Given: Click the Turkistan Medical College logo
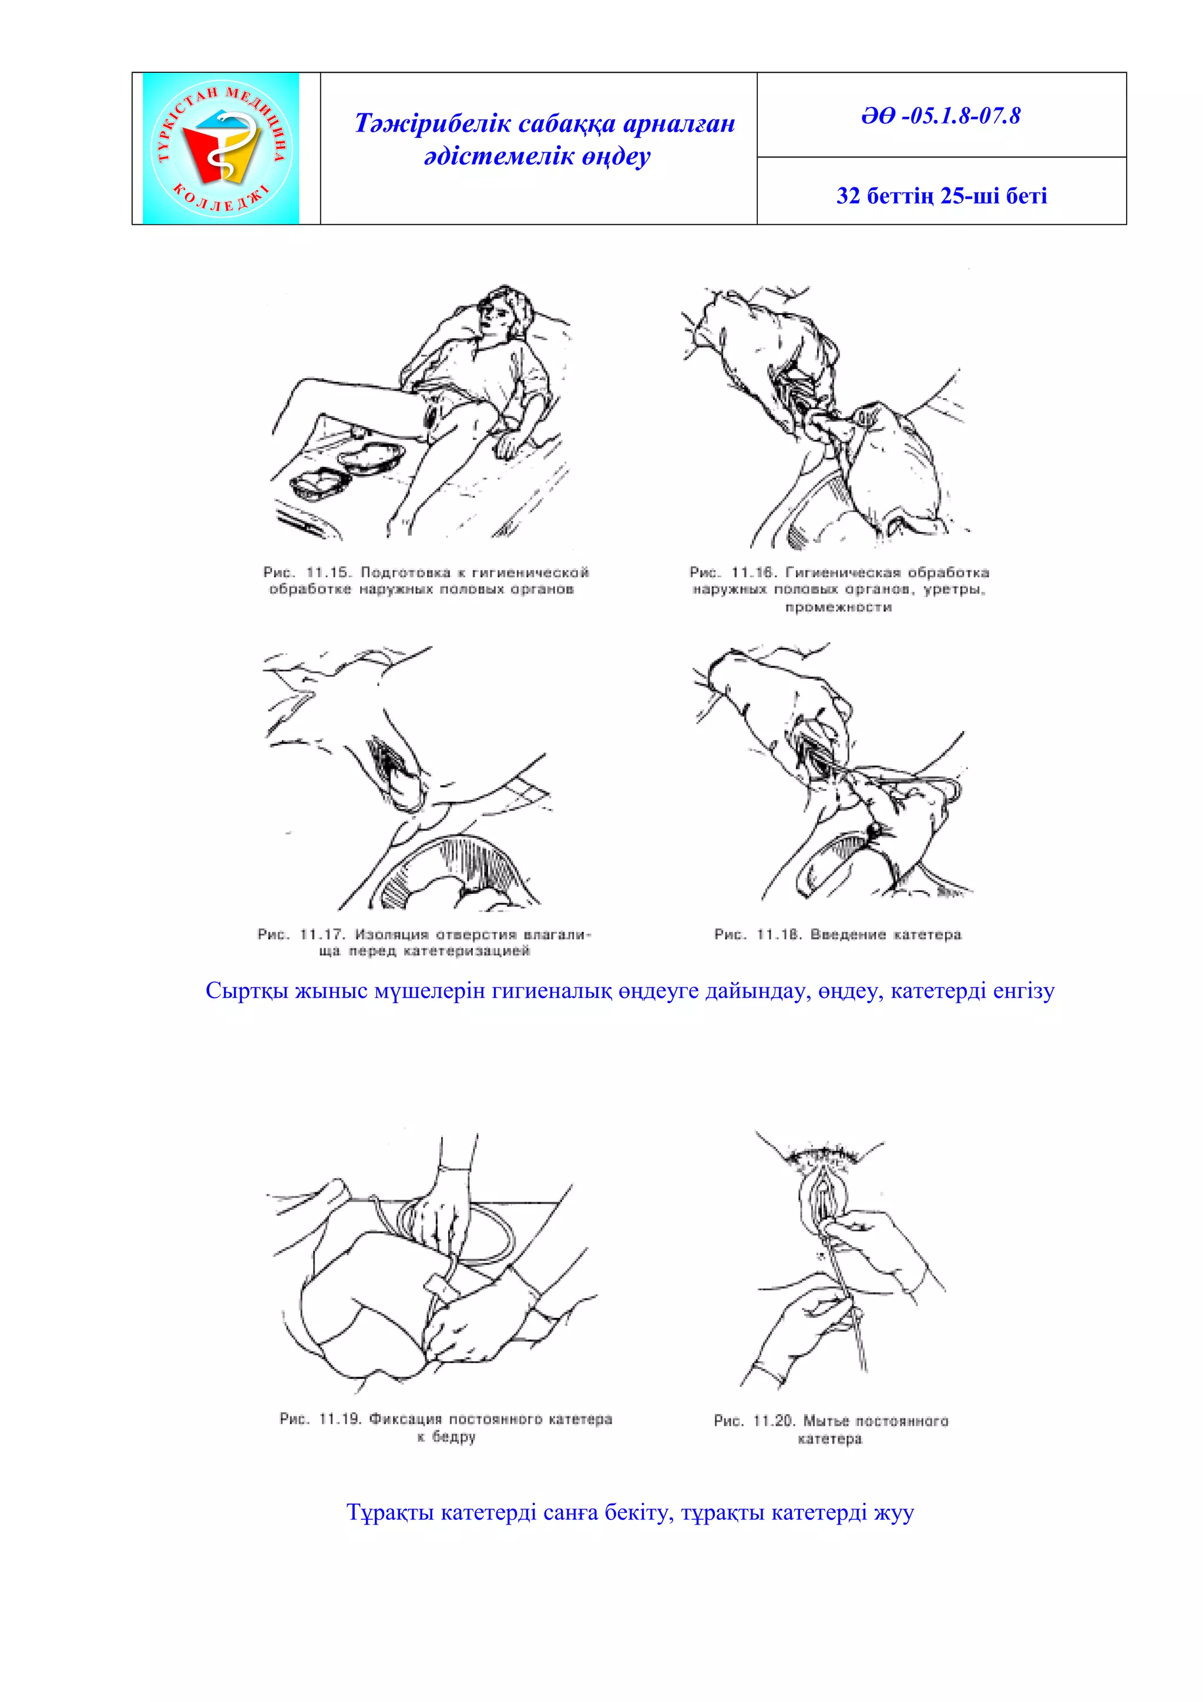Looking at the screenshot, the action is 221,148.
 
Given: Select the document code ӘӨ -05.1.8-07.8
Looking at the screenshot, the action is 940,116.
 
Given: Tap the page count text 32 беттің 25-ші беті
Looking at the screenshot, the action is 942,196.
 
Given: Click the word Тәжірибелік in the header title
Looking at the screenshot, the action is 433,124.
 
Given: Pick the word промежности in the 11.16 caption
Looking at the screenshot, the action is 838,608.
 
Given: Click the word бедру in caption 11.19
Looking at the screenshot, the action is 453,1437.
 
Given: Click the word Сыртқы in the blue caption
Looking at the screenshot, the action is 246,991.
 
